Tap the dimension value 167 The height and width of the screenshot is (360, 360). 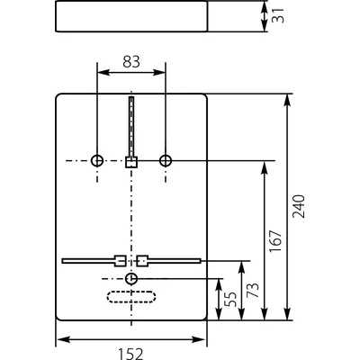click(275, 240)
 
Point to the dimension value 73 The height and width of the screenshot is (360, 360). click(253, 291)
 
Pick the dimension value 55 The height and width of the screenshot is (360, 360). click(231, 300)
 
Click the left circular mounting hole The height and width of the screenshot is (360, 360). click(97, 160)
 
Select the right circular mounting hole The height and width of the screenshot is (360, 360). click(166, 160)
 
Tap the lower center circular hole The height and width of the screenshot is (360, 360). click(132, 279)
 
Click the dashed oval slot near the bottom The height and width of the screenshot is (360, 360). click(131, 298)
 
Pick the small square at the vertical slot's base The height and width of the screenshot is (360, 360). click(131, 162)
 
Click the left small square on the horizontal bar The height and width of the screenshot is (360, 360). click(120, 261)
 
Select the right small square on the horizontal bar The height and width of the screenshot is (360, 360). click(142, 261)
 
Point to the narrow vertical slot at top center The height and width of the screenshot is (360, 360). click(131, 126)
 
